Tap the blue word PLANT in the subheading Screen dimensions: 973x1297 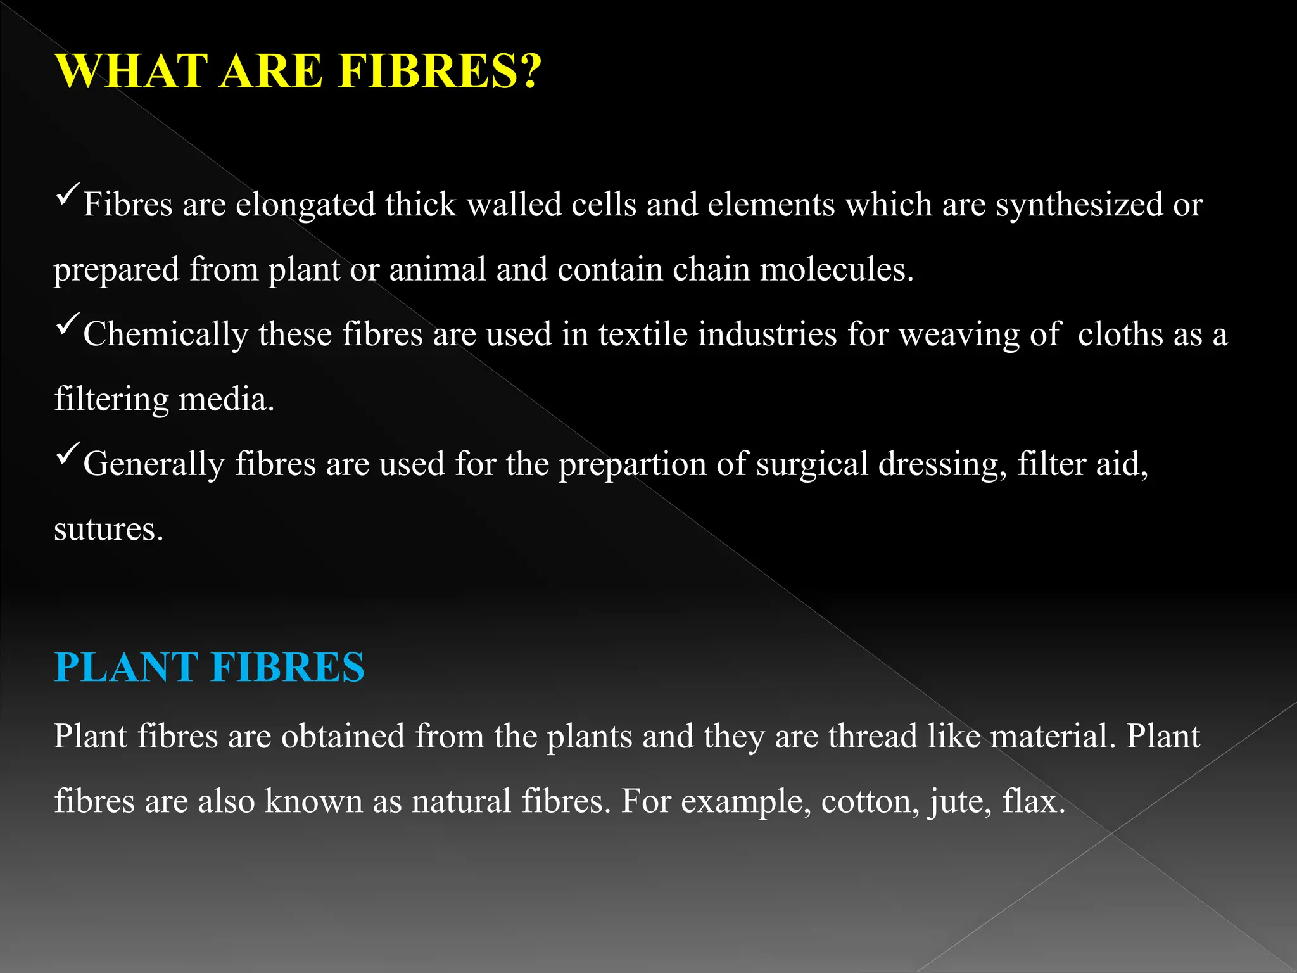tap(126, 667)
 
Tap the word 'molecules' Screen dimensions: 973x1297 tap(836, 270)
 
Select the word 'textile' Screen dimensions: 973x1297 tap(643, 335)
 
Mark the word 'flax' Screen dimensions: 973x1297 tap(1033, 802)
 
